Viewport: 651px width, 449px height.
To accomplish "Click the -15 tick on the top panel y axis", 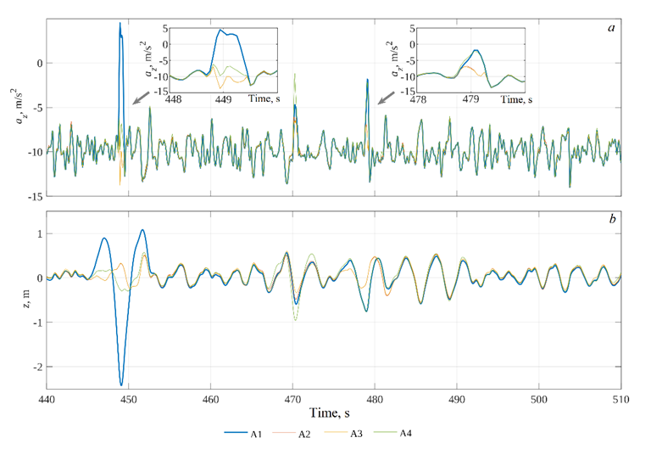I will pyautogui.click(x=31, y=196).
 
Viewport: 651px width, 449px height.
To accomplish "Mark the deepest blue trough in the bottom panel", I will pyautogui.click(x=121, y=385).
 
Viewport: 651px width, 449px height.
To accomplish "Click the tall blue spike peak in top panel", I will pyautogui.click(x=120, y=24).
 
